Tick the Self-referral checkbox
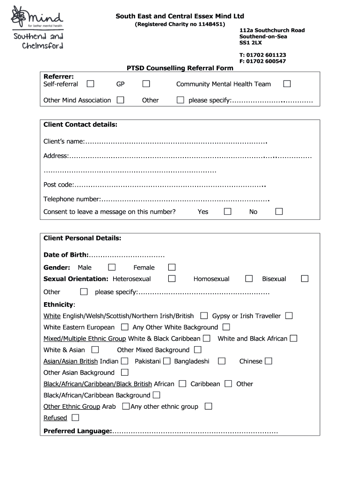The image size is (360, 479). [x=90, y=84]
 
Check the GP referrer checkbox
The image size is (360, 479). [x=146, y=84]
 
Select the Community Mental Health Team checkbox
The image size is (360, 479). [x=287, y=84]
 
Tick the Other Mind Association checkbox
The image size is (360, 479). [x=121, y=100]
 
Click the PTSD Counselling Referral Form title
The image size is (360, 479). [x=180, y=68]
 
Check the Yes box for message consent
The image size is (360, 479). [x=228, y=211]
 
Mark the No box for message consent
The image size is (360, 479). [x=279, y=211]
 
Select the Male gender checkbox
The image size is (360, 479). [x=112, y=267]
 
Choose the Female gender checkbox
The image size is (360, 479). [x=172, y=267]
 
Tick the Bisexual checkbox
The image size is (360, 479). [x=305, y=278]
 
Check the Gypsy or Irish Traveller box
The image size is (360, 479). [x=289, y=316]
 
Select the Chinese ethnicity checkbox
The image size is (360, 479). [x=268, y=361]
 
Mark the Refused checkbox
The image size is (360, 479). [x=75, y=417]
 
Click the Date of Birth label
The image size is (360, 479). [x=66, y=255]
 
